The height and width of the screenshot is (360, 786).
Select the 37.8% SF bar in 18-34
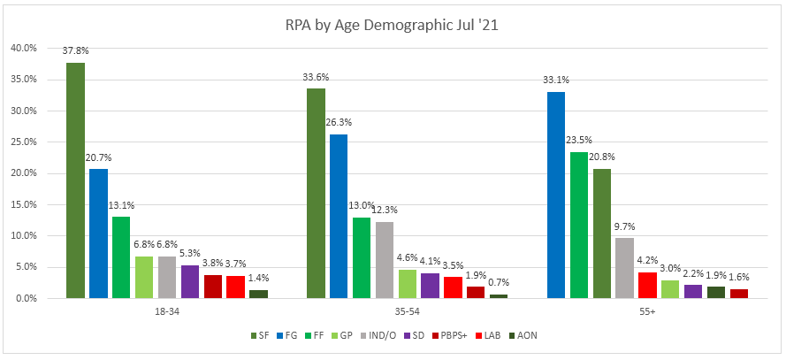click(75, 180)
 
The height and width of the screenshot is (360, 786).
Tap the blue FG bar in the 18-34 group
click(98, 234)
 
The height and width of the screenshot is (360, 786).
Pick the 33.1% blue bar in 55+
click(556, 195)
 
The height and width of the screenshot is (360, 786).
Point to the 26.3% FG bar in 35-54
click(339, 216)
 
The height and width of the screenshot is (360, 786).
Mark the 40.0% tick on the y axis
click(24, 48)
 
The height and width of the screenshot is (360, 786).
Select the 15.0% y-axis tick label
click(24, 204)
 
